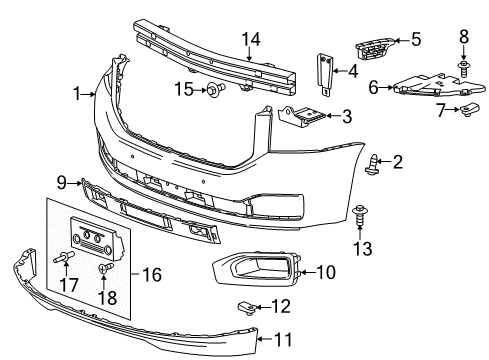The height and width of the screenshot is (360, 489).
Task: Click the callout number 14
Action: click(x=249, y=39)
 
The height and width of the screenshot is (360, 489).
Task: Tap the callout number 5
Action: click(x=416, y=40)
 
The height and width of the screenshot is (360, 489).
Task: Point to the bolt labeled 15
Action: click(x=215, y=92)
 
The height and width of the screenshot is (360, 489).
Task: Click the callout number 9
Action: click(x=61, y=182)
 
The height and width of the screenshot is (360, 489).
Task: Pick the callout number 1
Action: click(x=77, y=94)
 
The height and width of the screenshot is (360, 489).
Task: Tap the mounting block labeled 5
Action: click(x=372, y=48)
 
